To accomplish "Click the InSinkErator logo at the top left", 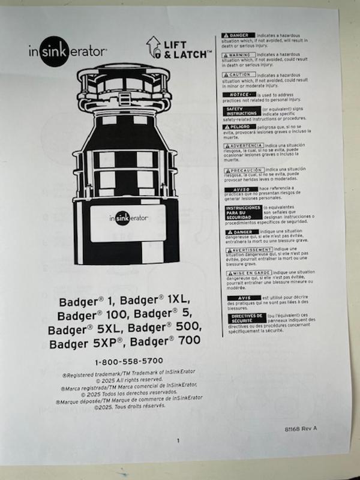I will (x=68, y=50).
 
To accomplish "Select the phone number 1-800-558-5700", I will (x=129, y=362).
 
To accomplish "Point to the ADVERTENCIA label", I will (x=243, y=146).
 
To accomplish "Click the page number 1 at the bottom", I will (x=178, y=441).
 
